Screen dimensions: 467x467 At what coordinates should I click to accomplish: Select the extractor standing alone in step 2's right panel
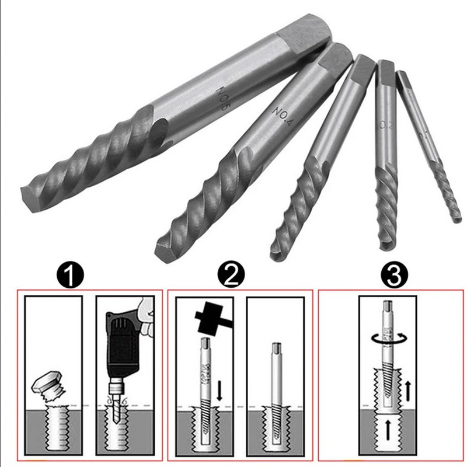(274, 379)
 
